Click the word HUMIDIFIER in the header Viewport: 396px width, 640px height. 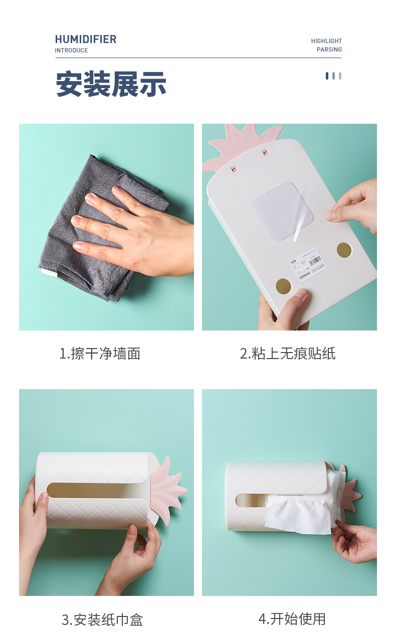click(85, 39)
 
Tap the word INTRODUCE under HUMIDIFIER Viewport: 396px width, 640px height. click(71, 51)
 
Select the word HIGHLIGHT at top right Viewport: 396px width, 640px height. click(326, 41)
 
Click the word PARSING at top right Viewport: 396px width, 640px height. click(329, 50)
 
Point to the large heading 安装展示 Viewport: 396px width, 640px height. click(111, 84)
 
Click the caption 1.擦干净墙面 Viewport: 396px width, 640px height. click(100, 354)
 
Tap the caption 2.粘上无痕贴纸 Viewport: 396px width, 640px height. click(287, 354)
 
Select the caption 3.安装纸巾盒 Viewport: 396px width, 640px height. click(102, 619)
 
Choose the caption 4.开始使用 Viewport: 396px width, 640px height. click(292, 618)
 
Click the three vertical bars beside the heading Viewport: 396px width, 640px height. click(333, 76)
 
